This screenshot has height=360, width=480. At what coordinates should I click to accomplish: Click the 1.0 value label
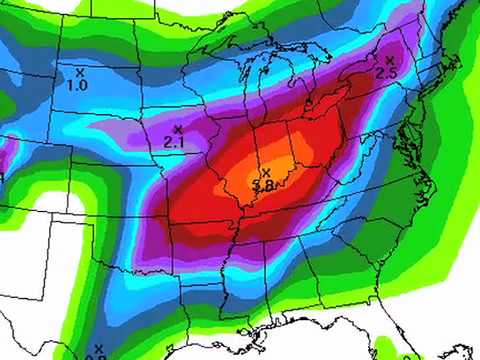[77, 86]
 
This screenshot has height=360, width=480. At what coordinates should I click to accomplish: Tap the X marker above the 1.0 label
[80, 71]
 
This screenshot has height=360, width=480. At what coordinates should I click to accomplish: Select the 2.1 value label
[172, 143]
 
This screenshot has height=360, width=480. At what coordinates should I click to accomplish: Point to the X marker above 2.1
[178, 129]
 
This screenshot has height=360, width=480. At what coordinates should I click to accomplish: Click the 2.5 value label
[387, 74]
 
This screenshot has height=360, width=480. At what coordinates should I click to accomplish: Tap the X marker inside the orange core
[266, 173]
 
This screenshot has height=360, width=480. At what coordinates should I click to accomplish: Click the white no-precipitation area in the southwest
[40, 260]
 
